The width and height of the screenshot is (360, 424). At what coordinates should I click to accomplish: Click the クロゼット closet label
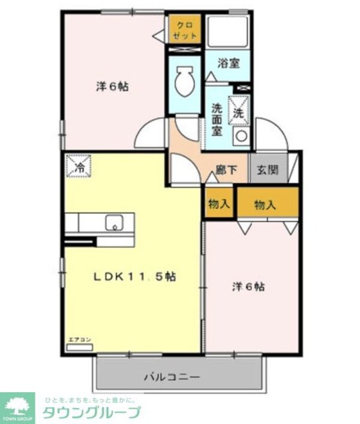click(184, 29)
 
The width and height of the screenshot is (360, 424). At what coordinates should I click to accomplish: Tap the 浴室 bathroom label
click(228, 62)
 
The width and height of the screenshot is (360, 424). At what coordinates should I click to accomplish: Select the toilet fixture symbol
click(184, 82)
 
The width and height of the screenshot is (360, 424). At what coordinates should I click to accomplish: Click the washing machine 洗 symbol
click(238, 112)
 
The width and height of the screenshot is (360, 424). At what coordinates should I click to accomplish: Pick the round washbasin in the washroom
click(241, 136)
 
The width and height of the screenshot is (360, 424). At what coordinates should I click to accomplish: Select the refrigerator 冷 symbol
click(78, 166)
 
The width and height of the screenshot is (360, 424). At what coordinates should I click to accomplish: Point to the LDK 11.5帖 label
click(134, 277)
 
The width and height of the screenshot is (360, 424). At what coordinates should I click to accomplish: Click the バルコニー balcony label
click(171, 377)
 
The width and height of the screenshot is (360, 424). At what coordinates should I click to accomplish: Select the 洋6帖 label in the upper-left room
click(112, 86)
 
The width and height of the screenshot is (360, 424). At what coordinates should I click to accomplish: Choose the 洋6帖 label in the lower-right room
click(249, 287)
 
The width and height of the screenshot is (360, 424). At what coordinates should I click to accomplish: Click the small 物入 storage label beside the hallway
click(218, 204)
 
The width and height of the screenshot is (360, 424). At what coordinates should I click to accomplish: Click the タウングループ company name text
click(91, 413)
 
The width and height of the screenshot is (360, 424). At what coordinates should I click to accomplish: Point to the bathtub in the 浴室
click(228, 31)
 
